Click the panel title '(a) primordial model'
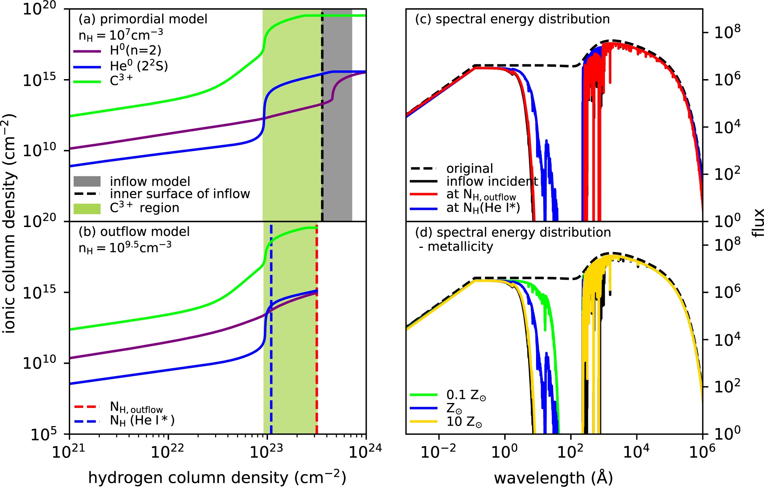(x=143, y=19)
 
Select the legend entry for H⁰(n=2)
(x=135, y=50)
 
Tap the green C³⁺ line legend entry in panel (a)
(x=121, y=81)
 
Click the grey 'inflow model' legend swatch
(x=87, y=181)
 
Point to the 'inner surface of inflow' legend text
(x=180, y=194)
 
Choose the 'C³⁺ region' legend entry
(x=144, y=208)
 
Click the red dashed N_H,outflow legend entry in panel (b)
(x=136, y=408)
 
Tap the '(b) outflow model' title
(x=134, y=232)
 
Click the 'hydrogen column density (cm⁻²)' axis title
(x=217, y=478)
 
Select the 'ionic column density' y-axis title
(x=9, y=223)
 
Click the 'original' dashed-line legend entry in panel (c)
(x=469, y=168)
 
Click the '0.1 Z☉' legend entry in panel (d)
(x=466, y=395)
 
